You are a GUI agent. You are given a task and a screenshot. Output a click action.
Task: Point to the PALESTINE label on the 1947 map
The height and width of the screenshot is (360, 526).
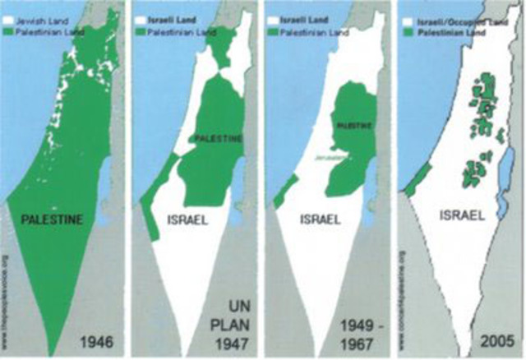pyautogui.click(x=218, y=139)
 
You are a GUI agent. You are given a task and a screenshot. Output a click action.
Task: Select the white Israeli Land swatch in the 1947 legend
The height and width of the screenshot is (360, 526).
pyautogui.click(x=142, y=8)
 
